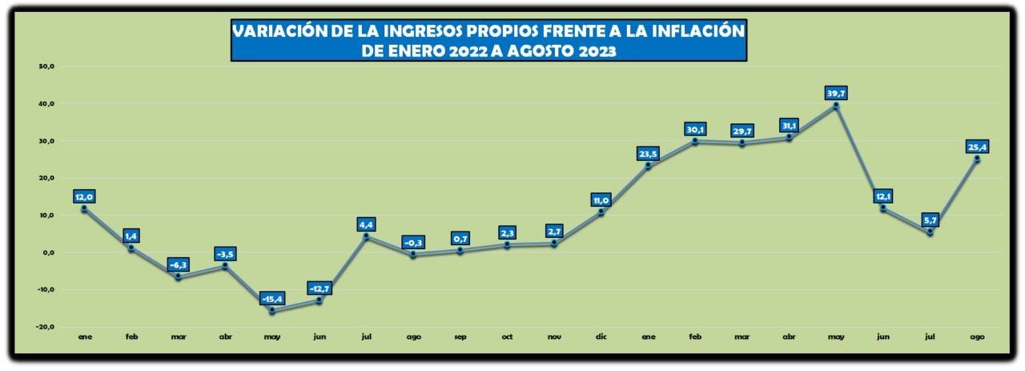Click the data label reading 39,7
(836, 93)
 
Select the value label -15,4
(272, 299)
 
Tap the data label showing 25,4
(977, 146)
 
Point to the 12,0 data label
(85, 197)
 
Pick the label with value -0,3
(412, 243)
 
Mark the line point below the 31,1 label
(789, 138)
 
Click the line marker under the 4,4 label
(366, 236)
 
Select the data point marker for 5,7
(930, 232)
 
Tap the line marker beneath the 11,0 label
(601, 212)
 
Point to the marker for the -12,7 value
(319, 300)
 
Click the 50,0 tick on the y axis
(46, 67)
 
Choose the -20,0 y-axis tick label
(44, 326)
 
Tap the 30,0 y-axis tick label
(46, 141)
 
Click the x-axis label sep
(460, 337)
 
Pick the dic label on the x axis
(601, 337)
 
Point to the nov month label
(554, 337)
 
